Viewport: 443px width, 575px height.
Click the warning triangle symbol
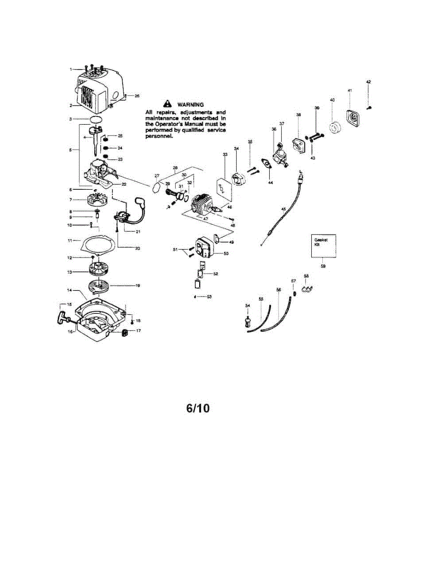pos(167,103)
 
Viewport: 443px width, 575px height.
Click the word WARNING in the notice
pos(190,104)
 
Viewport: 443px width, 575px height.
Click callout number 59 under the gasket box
pos(323,266)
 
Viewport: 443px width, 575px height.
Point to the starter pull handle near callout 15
pos(64,316)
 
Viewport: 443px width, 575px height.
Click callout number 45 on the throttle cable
pos(283,209)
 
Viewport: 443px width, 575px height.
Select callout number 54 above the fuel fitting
pos(248,305)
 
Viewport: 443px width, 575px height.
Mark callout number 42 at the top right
pos(368,82)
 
